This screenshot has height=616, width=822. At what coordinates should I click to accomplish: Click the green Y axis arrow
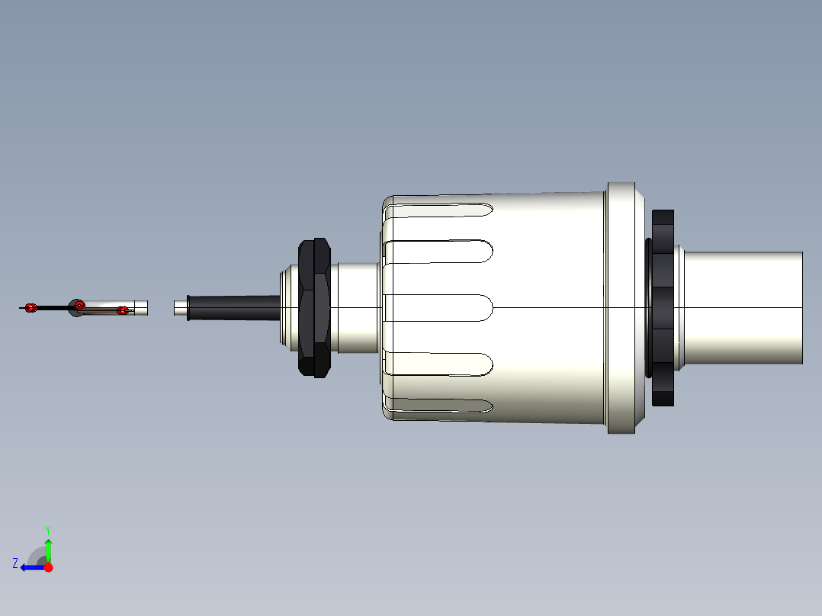[48, 547]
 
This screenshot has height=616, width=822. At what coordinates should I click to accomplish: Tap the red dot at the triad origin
[48, 567]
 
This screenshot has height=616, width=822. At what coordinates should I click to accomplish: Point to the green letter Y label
[47, 529]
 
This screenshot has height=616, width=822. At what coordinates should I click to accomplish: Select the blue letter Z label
[15, 563]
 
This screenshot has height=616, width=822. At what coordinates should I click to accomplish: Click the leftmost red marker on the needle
[31, 307]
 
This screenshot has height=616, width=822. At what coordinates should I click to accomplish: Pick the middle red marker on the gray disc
[79, 306]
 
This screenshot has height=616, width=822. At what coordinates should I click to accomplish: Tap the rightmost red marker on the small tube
[122, 310]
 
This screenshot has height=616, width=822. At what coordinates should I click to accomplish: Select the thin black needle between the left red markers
[53, 307]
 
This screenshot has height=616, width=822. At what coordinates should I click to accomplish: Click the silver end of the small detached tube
[141, 308]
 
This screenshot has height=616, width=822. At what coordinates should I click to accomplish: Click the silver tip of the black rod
[180, 307]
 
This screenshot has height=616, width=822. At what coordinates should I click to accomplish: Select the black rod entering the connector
[233, 307]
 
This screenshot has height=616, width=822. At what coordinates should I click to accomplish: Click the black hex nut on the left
[314, 307]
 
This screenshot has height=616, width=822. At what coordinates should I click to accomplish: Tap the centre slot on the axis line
[442, 307]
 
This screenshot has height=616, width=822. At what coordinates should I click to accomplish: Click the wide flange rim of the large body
[621, 307]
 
